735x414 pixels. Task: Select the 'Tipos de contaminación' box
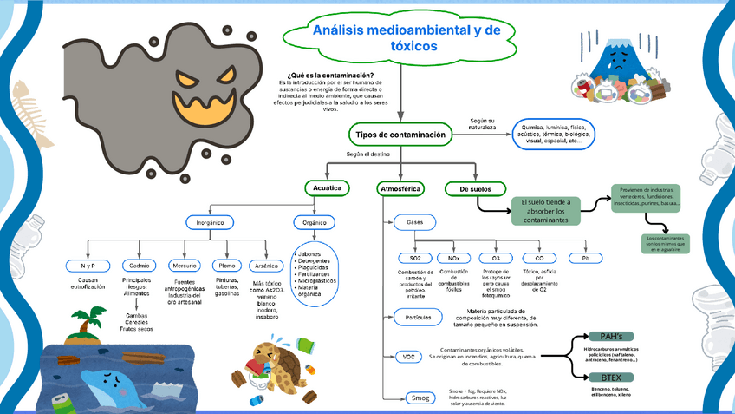(x=400, y=135)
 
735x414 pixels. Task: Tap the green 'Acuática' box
(x=326, y=187)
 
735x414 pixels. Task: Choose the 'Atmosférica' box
(x=400, y=188)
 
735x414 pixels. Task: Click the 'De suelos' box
(x=475, y=188)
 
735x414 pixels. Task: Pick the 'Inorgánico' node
(x=211, y=222)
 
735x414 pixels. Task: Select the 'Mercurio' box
(x=183, y=266)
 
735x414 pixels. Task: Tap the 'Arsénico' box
(x=266, y=266)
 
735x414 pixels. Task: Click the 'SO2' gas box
(x=414, y=259)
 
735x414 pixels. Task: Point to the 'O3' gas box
(x=496, y=259)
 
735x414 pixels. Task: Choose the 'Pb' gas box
(x=585, y=259)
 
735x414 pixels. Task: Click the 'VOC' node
(x=409, y=357)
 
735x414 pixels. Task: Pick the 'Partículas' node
(x=418, y=318)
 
